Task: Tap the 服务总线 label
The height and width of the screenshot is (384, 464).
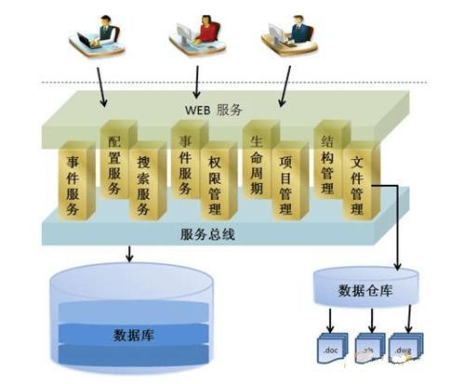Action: pos(207,234)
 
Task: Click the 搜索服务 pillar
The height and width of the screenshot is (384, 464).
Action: pos(144,182)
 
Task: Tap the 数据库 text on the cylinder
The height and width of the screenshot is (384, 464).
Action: pos(126,333)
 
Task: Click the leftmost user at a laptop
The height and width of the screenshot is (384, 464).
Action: pos(98,37)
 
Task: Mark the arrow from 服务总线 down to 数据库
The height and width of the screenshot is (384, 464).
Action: pos(130,252)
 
